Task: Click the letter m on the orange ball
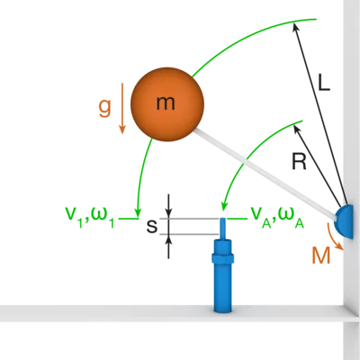(x=166, y=103)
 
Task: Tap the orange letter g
(x=104, y=108)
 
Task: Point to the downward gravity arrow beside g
(x=121, y=108)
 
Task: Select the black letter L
(x=324, y=82)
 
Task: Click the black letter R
(x=299, y=161)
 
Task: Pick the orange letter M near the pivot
(x=320, y=256)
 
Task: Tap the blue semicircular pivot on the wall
(x=344, y=221)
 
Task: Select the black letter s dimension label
(x=152, y=227)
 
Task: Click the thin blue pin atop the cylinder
(x=222, y=229)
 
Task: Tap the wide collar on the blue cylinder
(x=222, y=258)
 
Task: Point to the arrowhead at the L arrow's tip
(x=295, y=27)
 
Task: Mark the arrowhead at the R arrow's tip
(x=296, y=129)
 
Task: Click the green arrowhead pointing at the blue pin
(x=223, y=206)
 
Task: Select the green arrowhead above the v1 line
(x=138, y=212)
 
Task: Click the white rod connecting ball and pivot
(x=265, y=173)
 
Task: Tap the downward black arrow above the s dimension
(x=168, y=206)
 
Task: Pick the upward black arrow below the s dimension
(x=168, y=247)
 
